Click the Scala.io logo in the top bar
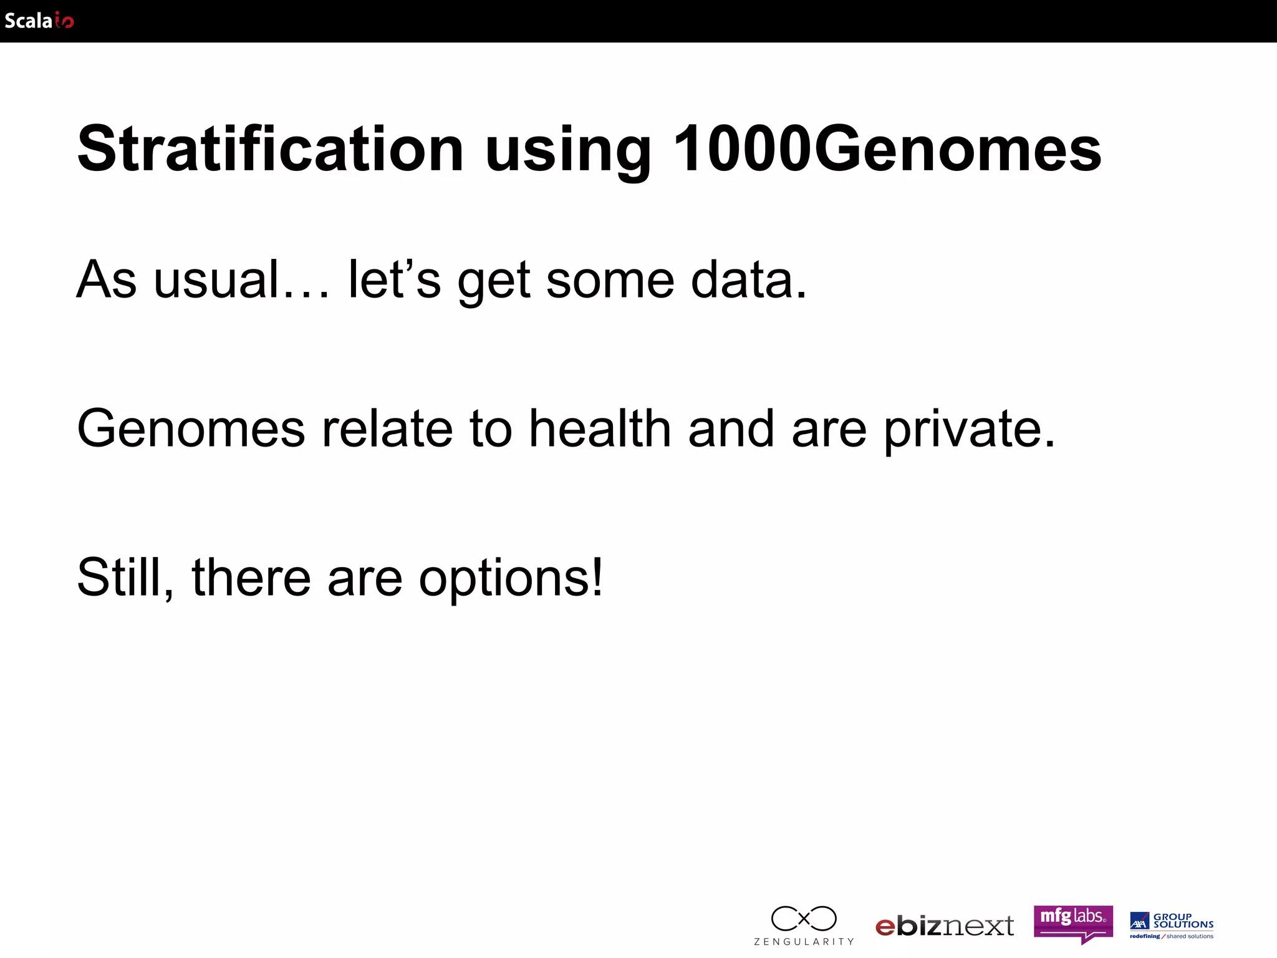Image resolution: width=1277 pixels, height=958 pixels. (39, 21)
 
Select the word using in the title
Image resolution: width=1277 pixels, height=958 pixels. (567, 153)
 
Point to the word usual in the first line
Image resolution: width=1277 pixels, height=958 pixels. (216, 279)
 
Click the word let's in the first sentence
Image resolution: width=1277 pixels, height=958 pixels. (394, 279)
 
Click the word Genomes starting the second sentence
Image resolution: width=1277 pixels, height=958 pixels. (191, 429)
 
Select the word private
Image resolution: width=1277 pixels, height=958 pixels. (968, 430)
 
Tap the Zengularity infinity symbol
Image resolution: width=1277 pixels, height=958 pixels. (804, 918)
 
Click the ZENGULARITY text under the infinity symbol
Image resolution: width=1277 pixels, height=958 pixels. (804, 941)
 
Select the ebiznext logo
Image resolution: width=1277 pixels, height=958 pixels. (944, 926)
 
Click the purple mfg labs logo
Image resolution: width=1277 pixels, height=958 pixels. (1072, 922)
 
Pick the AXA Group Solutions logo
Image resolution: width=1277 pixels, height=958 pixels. (1172, 926)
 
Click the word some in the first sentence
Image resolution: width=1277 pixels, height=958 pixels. (610, 281)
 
